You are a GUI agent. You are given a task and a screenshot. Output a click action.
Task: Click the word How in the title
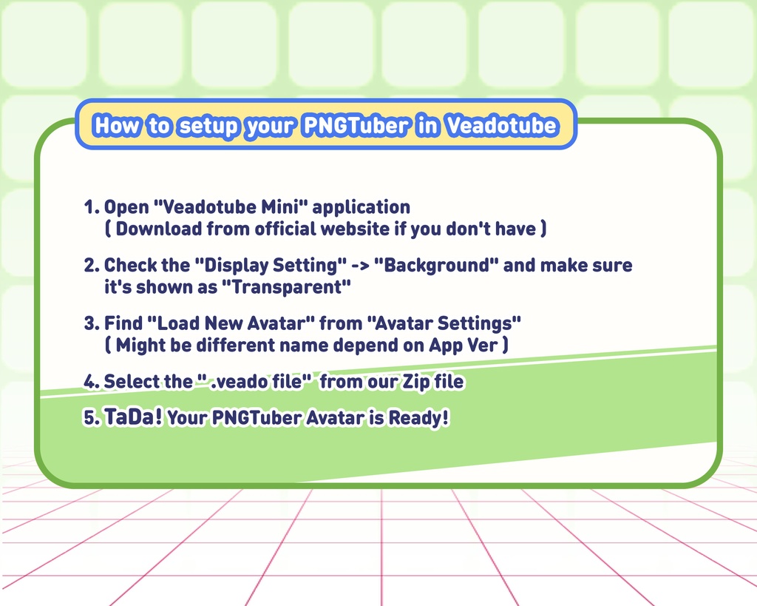coord(117,125)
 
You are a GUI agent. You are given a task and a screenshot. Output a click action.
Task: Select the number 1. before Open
coord(92,207)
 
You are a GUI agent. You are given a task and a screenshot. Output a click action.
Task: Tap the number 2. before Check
coord(92,265)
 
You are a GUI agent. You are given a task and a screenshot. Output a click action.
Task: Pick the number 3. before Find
coord(92,323)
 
